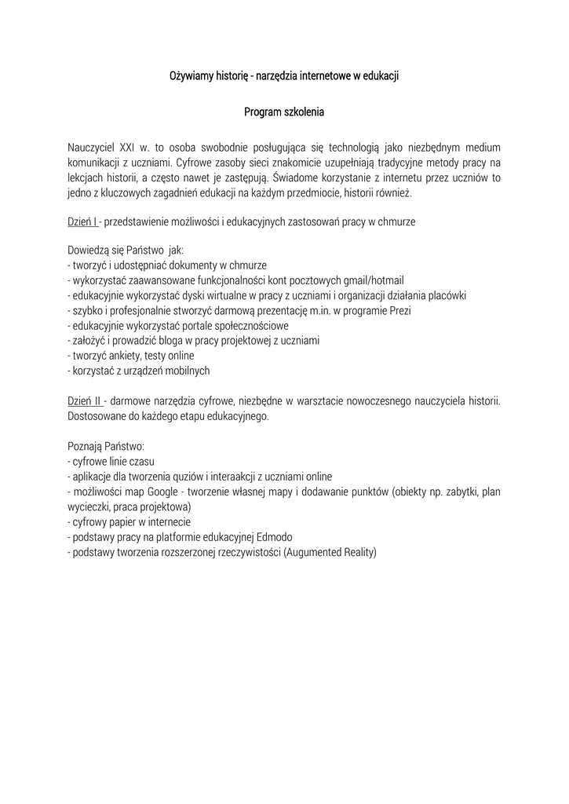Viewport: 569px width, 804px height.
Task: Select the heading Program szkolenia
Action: coord(284,112)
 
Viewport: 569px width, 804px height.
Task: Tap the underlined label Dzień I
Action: coord(82,222)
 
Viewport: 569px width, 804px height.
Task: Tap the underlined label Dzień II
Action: coord(84,400)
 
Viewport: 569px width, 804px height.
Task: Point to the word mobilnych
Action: coord(186,371)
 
